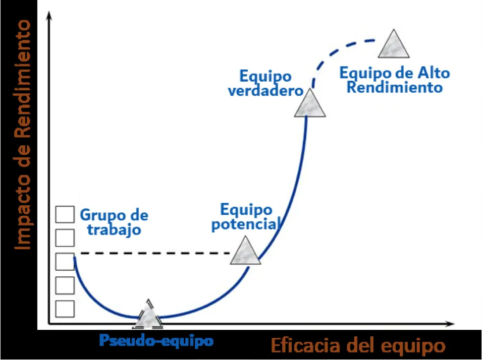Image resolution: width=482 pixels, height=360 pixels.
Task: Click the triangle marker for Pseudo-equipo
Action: tap(149, 314)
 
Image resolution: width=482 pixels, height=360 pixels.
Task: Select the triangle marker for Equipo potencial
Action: tap(245, 251)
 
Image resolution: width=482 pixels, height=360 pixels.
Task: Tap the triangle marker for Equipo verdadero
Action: tap(309, 103)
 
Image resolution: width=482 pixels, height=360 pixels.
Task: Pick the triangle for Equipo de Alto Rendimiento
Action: tap(394, 44)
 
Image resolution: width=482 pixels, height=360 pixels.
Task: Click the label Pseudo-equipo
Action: tap(156, 340)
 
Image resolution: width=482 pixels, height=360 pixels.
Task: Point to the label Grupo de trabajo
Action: tap(114, 222)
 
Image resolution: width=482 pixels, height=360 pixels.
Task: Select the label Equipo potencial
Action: tap(246, 217)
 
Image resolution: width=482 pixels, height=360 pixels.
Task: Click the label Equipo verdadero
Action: tap(265, 84)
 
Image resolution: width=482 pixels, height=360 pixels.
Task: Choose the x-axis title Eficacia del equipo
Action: tap(358, 345)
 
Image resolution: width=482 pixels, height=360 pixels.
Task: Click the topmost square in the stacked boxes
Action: tap(65, 214)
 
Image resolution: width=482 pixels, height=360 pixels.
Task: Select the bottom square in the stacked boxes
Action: tap(65, 309)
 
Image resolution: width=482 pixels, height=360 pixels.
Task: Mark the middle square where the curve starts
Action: tap(65, 261)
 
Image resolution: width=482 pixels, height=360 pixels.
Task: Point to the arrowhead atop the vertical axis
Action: tap(48, 15)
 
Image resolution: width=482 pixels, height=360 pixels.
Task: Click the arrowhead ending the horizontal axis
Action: tap(450, 324)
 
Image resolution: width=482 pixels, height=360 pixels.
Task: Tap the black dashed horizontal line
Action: tap(155, 253)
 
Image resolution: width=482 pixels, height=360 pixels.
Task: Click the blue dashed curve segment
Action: tap(338, 55)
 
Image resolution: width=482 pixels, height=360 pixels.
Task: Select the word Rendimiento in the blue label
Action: tap(394, 87)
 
